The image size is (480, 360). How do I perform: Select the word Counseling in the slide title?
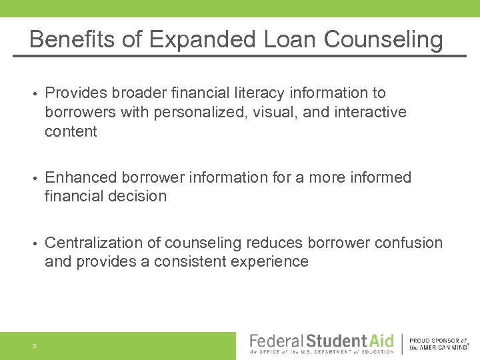[383, 40]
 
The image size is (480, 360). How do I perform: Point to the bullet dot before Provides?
[33, 93]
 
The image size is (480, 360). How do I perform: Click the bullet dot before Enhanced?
[33, 178]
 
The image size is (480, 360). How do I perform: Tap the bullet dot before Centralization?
[33, 243]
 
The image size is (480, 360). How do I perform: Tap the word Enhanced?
[77, 177]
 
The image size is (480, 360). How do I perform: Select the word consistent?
[190, 261]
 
